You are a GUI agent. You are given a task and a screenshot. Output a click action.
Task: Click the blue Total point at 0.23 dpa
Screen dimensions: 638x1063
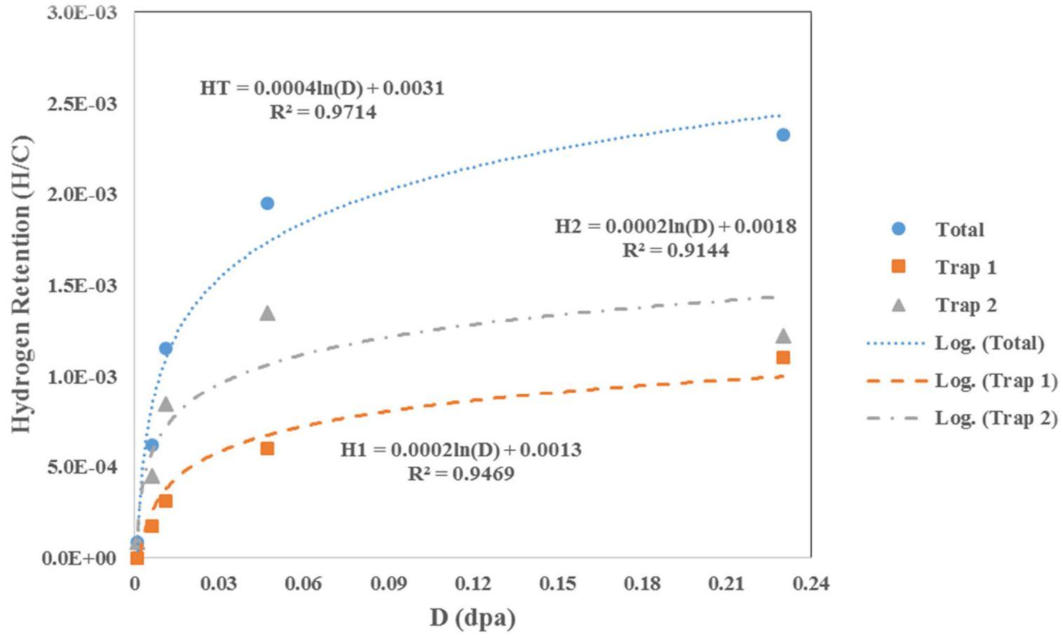tap(783, 135)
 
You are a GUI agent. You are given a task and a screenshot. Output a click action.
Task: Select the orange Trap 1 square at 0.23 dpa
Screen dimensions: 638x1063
tap(783, 357)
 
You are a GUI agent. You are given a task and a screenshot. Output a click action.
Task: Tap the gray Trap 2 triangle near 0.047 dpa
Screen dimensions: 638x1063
tap(267, 314)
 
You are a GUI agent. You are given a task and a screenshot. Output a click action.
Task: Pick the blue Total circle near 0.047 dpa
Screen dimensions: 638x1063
tap(267, 204)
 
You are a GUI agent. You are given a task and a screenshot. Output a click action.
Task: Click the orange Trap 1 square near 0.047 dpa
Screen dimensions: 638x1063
tap(267, 448)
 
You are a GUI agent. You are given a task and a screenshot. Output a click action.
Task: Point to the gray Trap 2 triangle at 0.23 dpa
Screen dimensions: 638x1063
tap(783, 337)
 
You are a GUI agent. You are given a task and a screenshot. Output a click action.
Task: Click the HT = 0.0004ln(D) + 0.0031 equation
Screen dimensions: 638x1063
tap(322, 88)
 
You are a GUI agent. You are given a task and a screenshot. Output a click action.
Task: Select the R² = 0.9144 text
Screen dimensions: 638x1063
tap(676, 251)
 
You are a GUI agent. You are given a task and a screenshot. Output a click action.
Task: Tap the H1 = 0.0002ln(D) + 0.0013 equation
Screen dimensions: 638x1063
tap(461, 450)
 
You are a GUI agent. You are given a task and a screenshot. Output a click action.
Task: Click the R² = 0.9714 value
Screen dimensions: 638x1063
tap(323, 112)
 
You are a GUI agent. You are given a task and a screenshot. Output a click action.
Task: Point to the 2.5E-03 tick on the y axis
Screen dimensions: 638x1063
tap(82, 104)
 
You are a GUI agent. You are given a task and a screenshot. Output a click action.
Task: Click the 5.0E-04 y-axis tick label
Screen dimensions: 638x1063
tap(82, 467)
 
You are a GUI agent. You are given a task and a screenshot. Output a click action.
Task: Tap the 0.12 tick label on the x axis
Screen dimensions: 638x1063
tap(472, 584)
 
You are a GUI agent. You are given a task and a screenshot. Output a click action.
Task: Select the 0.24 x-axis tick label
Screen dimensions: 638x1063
tap(811, 584)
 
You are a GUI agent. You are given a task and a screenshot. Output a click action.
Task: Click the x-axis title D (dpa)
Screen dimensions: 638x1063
tap(472, 618)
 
